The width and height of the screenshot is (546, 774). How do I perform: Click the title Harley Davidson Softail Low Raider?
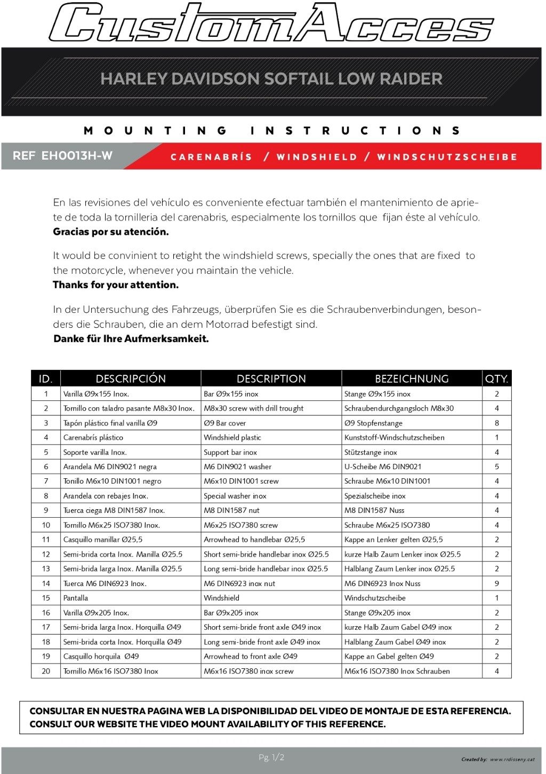(271, 79)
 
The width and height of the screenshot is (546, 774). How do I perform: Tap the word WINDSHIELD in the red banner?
(317, 157)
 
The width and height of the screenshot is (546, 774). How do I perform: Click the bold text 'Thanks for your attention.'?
(116, 285)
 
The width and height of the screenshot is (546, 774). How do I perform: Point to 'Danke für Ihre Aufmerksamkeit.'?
(131, 339)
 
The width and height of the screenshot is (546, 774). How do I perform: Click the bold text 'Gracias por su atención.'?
(111, 232)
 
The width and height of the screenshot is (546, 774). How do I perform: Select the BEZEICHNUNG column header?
(412, 378)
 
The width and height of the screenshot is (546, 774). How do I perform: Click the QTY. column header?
(496, 378)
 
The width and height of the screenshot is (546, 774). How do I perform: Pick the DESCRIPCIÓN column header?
(131, 378)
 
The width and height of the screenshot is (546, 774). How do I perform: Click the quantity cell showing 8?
(496, 423)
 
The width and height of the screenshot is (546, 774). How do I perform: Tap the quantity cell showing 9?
(496, 583)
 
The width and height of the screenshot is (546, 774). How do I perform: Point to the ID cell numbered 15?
(46, 598)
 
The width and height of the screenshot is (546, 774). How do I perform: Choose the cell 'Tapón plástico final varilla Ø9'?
(110, 423)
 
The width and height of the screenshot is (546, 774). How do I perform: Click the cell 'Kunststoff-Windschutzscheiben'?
(394, 438)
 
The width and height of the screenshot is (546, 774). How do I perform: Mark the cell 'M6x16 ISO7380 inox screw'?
(248, 672)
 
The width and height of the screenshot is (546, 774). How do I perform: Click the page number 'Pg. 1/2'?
(271, 757)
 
